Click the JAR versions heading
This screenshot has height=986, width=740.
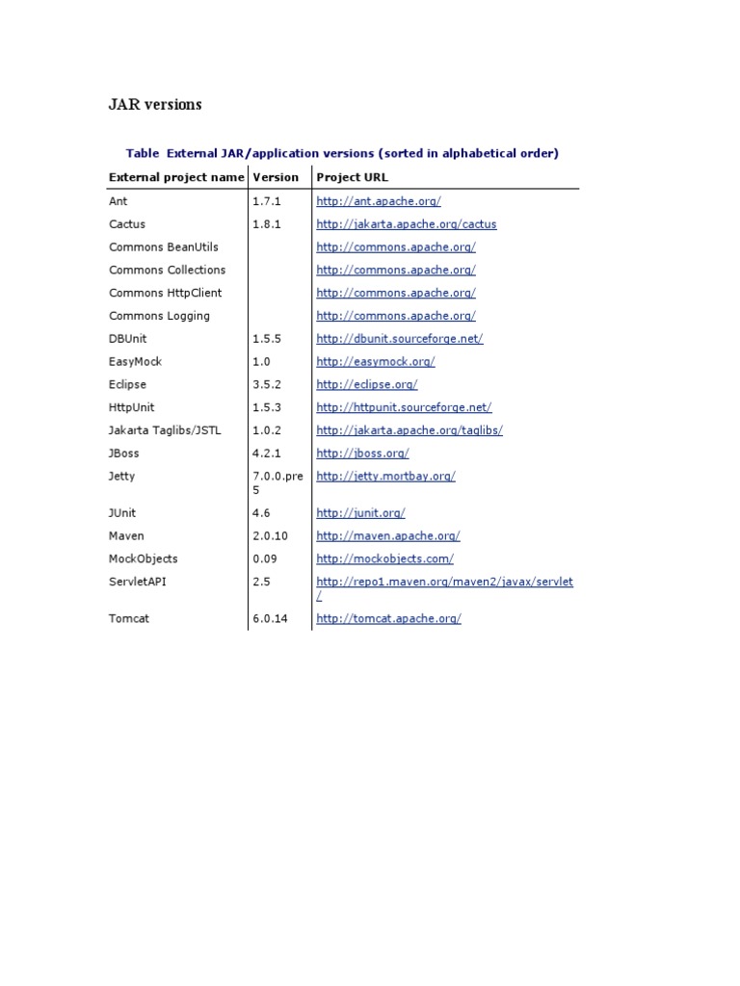154,105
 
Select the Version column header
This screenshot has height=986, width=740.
276,177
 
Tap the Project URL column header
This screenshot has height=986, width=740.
352,177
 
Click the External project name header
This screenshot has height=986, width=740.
176,177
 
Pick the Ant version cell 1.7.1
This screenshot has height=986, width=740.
265,201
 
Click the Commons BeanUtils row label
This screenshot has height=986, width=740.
164,247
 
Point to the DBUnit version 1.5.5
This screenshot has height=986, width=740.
267,339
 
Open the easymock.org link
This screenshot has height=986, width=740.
375,362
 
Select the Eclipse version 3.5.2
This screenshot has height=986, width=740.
267,384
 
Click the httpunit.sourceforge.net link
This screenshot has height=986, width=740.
404,407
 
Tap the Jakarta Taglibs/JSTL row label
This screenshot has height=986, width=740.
165,430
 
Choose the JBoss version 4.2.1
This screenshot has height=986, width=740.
267,454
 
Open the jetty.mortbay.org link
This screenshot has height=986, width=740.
385,477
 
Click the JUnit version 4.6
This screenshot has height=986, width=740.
261,513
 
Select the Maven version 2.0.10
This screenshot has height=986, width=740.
270,536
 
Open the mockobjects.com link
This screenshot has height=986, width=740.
384,559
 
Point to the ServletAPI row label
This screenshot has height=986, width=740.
138,582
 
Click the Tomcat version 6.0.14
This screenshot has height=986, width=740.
270,619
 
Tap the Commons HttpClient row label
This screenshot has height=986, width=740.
165,293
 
